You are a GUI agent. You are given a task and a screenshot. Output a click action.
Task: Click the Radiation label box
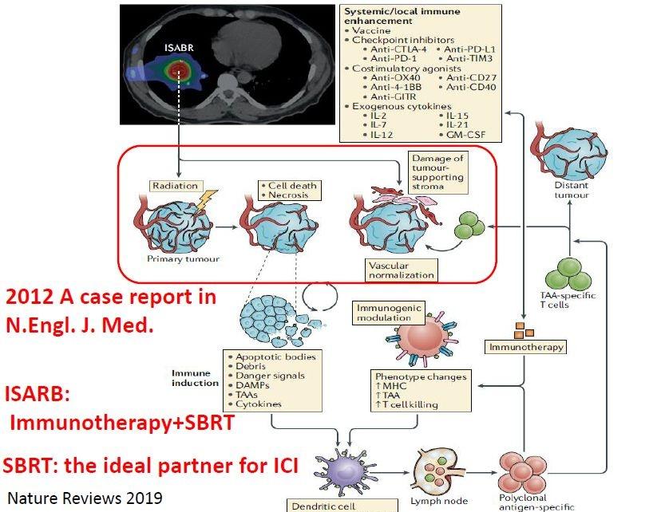click(x=172, y=185)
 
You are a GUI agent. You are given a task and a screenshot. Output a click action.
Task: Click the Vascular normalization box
click(x=402, y=270)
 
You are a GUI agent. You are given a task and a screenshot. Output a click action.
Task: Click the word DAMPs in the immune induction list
click(x=254, y=393)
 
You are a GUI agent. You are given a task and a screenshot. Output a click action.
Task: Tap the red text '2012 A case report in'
click(x=111, y=297)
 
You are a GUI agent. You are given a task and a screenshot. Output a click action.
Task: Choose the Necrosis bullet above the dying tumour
click(x=291, y=195)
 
